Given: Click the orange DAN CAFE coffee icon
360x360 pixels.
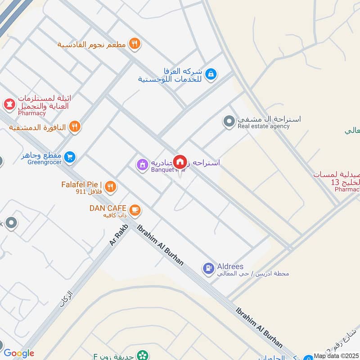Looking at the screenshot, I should point(135,210).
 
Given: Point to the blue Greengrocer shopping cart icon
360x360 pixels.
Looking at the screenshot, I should point(69,157).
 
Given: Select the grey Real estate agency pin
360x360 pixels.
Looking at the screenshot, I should point(229,121).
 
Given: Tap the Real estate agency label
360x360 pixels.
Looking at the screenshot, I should point(264,126).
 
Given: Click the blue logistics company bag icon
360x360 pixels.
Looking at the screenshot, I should point(210,75).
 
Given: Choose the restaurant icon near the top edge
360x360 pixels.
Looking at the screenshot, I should point(134,44).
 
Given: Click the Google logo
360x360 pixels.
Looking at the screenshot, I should point(19,353).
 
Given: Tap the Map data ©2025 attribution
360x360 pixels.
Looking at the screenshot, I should point(336,355).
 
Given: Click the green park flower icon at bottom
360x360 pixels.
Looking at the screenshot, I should point(143,356).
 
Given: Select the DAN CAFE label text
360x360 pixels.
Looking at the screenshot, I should point(108,208).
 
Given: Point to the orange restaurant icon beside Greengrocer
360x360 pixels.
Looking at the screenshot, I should point(75,127).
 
